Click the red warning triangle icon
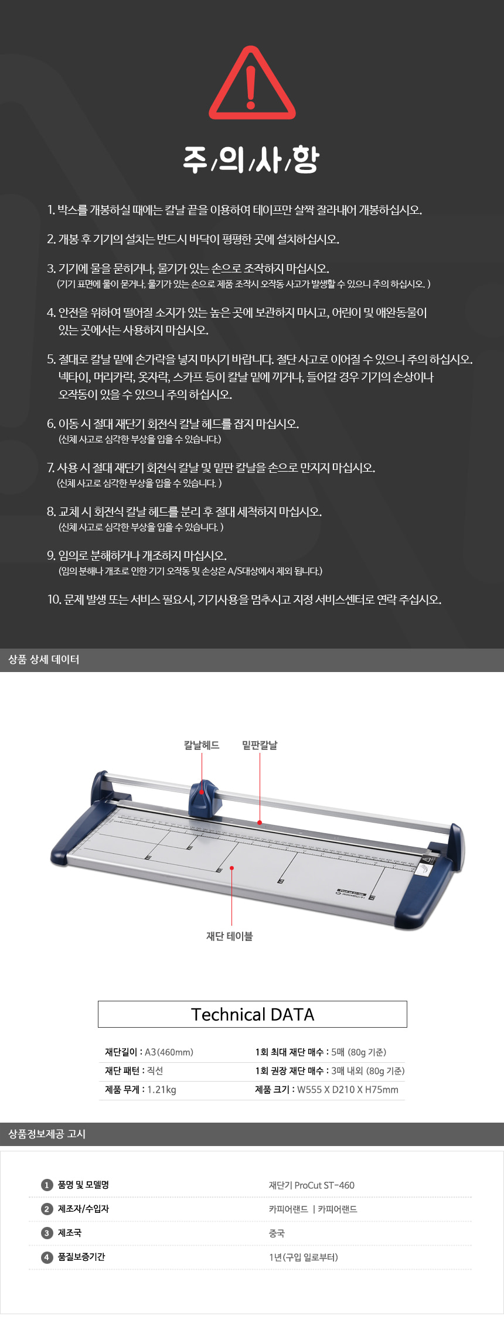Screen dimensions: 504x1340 252,82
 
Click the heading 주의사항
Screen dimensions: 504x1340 251,159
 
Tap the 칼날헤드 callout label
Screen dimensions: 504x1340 202,745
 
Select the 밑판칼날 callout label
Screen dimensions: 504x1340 260,745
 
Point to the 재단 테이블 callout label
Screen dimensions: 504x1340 230,936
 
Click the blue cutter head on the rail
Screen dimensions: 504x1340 205,797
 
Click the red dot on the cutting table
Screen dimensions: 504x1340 232,868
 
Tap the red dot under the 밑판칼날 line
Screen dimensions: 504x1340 260,823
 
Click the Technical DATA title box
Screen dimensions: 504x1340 253,1014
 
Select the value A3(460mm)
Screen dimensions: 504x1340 169,1052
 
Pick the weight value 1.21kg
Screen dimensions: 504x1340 161,1089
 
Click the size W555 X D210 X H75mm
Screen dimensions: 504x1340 348,1089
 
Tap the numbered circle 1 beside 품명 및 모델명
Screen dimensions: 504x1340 47,1185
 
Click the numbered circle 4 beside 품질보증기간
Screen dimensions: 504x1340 47,1257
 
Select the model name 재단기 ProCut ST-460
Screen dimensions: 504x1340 312,1185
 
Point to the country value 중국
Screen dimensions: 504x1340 277,1233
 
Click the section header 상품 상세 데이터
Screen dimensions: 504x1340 44,659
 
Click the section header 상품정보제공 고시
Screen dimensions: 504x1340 47,1134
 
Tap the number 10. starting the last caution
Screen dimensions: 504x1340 55,599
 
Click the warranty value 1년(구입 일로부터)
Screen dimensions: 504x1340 304,1257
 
